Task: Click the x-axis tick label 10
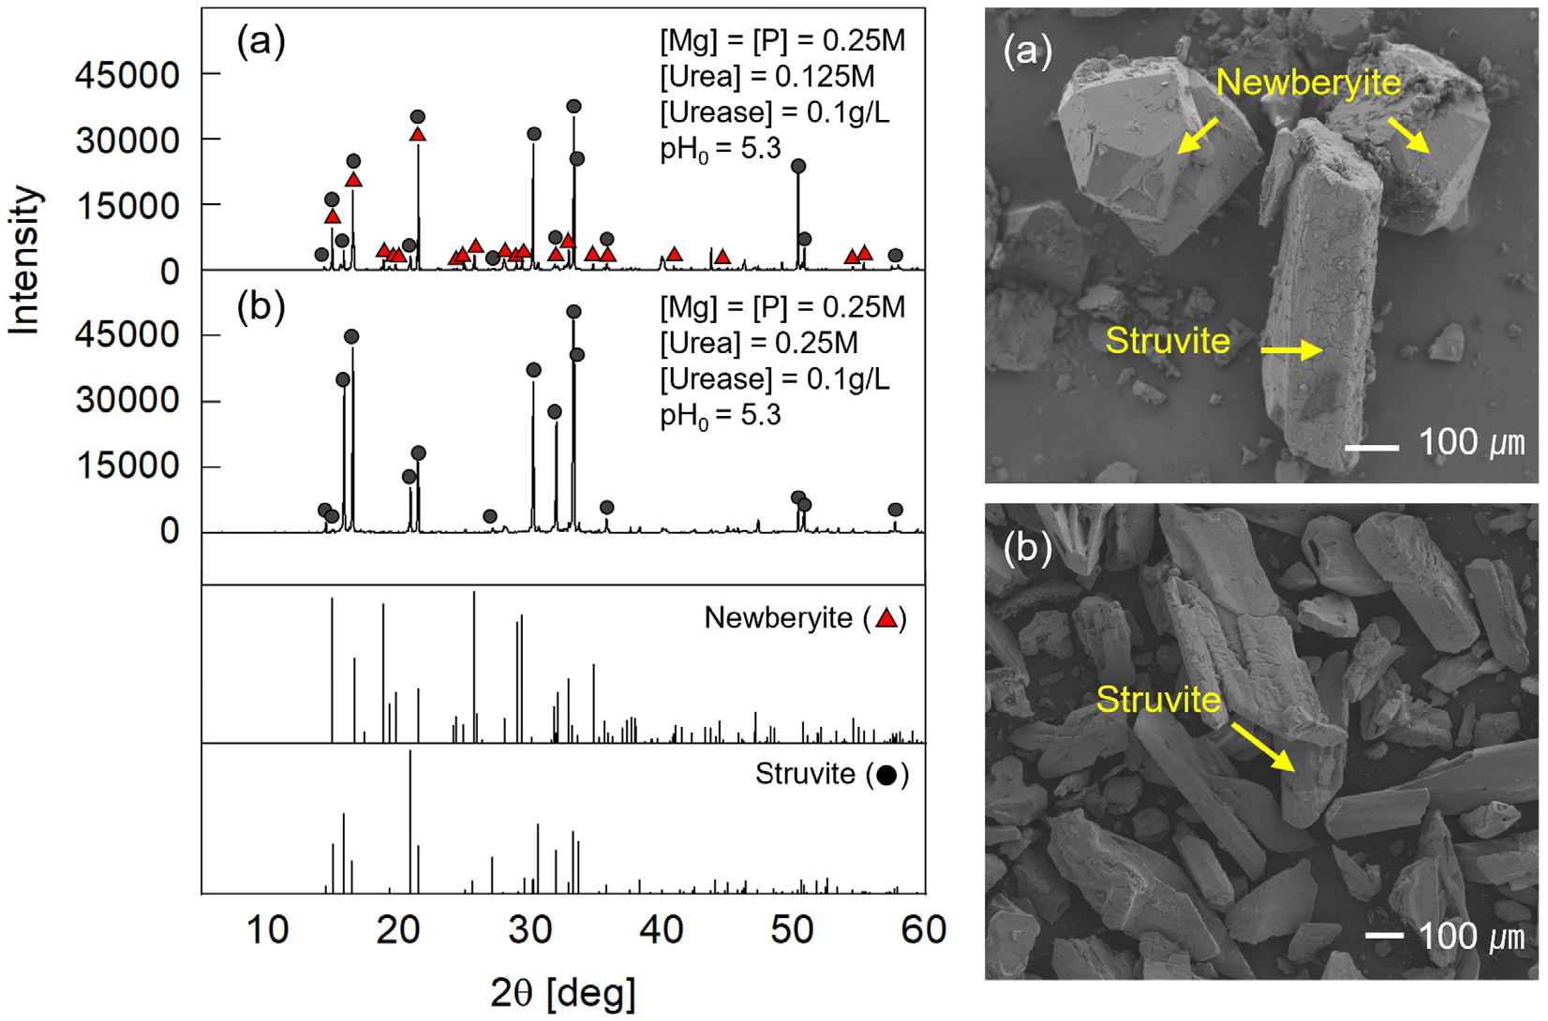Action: (x=268, y=930)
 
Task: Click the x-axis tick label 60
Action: (x=924, y=930)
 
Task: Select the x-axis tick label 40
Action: (x=662, y=930)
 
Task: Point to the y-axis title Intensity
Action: (x=25, y=260)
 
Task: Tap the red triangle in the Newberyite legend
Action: (x=886, y=618)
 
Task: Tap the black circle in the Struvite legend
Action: (x=886, y=775)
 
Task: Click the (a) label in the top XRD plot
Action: (x=261, y=41)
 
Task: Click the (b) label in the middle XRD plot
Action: (x=261, y=307)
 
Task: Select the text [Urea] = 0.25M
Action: (x=759, y=343)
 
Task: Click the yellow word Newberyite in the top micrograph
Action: (x=1308, y=83)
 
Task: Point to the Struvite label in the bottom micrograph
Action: (x=1158, y=700)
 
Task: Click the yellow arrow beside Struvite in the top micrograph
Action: (x=1291, y=350)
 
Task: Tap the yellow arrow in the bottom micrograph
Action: (x=1263, y=747)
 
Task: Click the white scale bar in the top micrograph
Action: (x=1372, y=448)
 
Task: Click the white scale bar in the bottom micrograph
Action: (x=1384, y=935)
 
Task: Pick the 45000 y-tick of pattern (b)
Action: (x=127, y=334)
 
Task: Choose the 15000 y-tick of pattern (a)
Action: (x=127, y=205)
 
